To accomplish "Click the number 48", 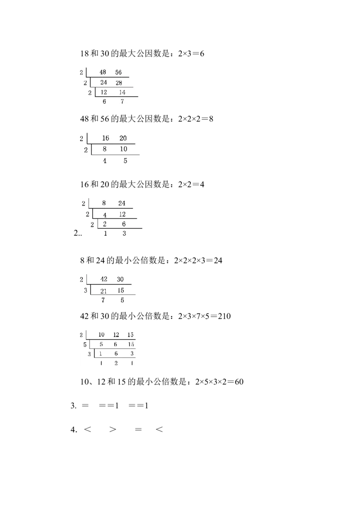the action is click(103, 72).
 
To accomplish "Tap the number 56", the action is click(118, 72).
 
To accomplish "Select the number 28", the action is click(119, 83).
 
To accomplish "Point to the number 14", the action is click(122, 93).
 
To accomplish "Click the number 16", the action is click(106, 138).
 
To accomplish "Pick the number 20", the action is click(123, 138).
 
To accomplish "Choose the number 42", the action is click(104, 279).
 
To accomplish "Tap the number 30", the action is click(120, 279).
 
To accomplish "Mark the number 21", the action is click(103, 290).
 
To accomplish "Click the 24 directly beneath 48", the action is click(104, 83).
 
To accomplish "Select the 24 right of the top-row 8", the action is click(121, 203).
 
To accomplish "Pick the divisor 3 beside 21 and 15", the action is click(85, 290).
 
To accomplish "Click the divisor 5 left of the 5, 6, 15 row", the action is click(85, 345).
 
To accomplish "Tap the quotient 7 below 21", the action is click(103, 300).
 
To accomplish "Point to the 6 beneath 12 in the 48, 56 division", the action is click(104, 102).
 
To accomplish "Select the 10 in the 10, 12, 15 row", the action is click(102, 335).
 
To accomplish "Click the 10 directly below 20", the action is click(124, 149).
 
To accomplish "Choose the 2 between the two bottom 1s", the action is click(116, 363).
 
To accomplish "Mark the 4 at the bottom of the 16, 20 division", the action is click(105, 161).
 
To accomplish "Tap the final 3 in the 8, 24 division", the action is click(124, 233).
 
